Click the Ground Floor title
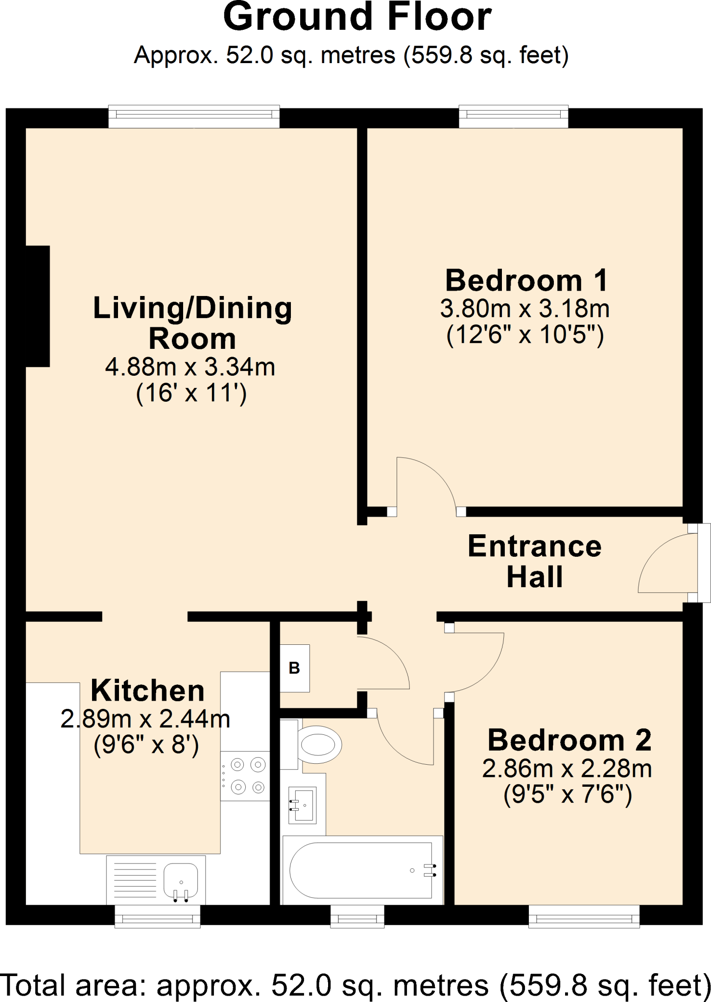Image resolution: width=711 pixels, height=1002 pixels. [357, 18]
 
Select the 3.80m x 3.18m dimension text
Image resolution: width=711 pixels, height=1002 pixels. [525, 309]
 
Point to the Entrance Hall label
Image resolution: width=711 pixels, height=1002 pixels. [535, 561]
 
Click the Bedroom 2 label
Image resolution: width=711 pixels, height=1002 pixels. [569, 740]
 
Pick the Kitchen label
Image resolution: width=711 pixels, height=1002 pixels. [147, 690]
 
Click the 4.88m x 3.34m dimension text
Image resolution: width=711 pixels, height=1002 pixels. [190, 367]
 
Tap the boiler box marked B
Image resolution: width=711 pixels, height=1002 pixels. [294, 668]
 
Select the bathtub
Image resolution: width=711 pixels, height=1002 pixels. [363, 870]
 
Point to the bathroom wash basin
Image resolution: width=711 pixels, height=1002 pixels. [302, 805]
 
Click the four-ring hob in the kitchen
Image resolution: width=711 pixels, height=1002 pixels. [245, 776]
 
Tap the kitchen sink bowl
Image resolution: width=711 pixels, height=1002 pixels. [181, 881]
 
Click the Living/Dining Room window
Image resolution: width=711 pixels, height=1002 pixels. [194, 117]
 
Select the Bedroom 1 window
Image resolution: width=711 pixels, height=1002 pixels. [514, 117]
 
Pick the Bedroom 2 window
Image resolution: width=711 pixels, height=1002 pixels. [584, 916]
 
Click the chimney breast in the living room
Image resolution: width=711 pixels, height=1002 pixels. [38, 306]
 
